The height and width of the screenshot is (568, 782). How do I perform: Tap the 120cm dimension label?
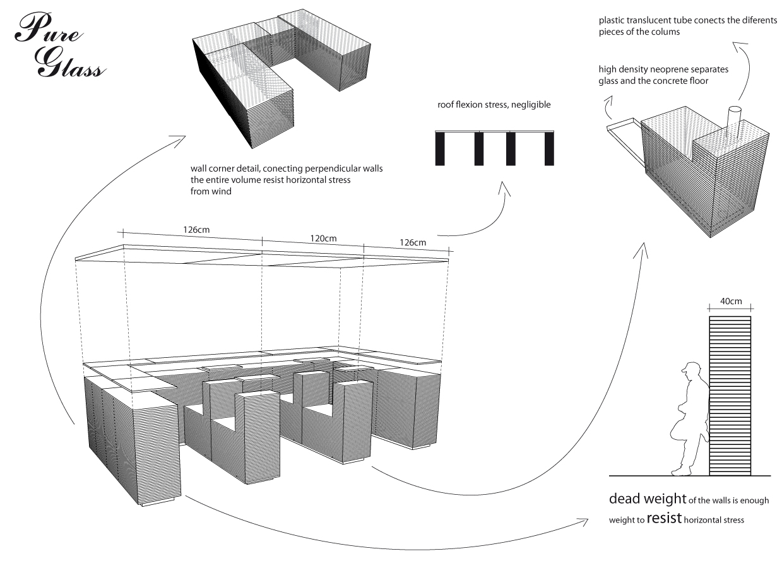(323, 239)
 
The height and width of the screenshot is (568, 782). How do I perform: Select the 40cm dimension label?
(731, 302)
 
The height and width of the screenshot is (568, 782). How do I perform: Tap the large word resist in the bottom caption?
(663, 519)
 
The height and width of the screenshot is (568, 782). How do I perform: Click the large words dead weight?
(647, 499)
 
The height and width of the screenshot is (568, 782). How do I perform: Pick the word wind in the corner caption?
(222, 191)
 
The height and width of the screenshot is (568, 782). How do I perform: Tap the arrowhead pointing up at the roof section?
(503, 187)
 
